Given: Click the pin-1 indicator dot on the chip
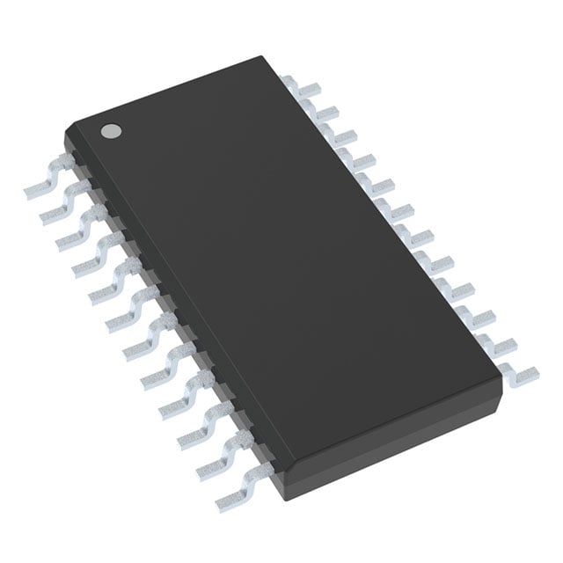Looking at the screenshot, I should (x=111, y=130).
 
